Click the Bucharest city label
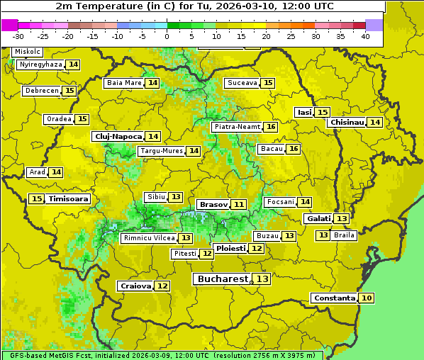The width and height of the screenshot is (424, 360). [x=222, y=279]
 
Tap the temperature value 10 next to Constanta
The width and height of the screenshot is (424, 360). [x=366, y=298]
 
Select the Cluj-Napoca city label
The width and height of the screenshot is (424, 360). [x=117, y=136]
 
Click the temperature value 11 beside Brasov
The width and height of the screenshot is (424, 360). [x=239, y=204]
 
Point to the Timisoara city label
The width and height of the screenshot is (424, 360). [x=69, y=199]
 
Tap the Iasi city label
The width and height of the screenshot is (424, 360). [x=303, y=112]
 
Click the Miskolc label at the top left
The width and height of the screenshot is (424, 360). [x=27, y=52]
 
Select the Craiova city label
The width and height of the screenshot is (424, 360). [x=135, y=286]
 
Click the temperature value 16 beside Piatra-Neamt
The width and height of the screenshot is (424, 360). [x=271, y=127]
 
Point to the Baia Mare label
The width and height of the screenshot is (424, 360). [x=123, y=83]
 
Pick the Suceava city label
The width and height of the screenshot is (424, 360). [x=242, y=83]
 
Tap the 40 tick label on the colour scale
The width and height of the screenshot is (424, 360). [x=364, y=35]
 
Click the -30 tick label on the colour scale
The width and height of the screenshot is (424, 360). [x=18, y=35]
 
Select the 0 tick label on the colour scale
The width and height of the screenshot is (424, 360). [x=167, y=35]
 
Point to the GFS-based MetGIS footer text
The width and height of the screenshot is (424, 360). [x=162, y=355]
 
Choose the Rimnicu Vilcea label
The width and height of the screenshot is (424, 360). [x=147, y=238]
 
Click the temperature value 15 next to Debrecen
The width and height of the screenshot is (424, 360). [x=69, y=91]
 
